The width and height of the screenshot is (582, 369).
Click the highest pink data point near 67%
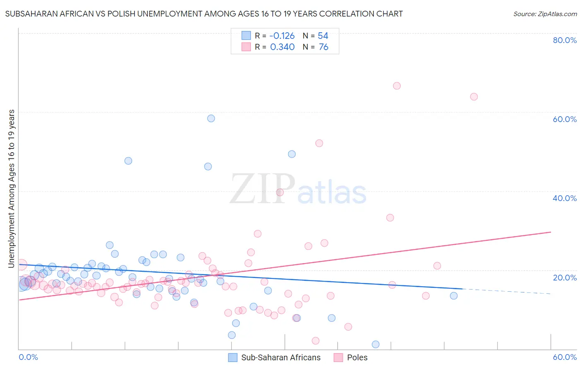[x=397, y=86]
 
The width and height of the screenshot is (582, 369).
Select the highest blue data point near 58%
[x=211, y=118]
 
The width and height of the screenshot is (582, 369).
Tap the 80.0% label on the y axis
[x=565, y=40]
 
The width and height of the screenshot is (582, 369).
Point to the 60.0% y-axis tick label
[x=565, y=119]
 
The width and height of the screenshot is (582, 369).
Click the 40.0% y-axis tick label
[x=565, y=198]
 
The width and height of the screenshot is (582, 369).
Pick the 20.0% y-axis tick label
[x=565, y=278]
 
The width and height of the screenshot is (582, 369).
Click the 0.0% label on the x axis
[x=29, y=357]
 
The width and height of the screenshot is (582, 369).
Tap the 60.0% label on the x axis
[x=565, y=357]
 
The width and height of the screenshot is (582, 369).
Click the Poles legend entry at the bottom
[x=357, y=357]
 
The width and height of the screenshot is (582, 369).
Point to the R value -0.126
[x=282, y=36]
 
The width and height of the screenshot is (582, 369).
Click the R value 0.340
[x=282, y=47]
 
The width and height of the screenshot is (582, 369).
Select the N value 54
[x=323, y=36]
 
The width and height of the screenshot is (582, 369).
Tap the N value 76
[x=323, y=47]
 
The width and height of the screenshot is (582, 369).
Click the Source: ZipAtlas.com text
[x=545, y=14]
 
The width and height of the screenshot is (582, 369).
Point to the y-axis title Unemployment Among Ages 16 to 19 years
[x=12, y=189]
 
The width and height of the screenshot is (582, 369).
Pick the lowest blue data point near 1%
[x=375, y=345]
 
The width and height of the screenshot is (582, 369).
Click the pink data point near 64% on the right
[x=474, y=97]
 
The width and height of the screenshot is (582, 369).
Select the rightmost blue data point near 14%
[x=454, y=296]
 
